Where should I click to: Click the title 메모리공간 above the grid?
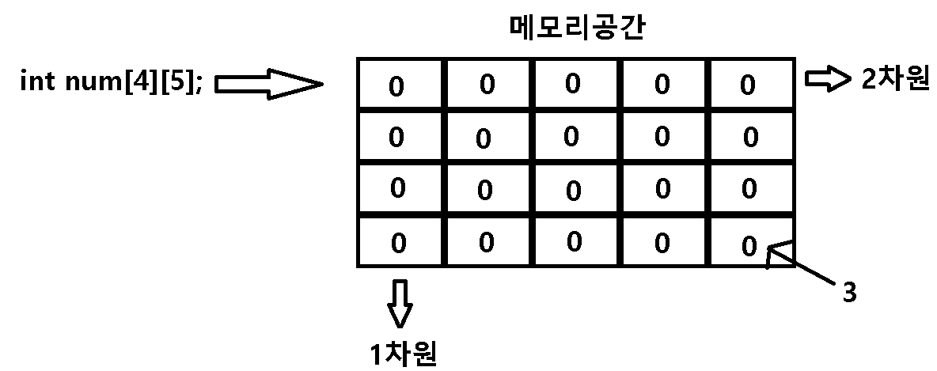[x=578, y=30]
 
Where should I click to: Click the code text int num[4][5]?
[x=111, y=81]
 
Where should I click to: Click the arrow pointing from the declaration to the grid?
[x=268, y=83]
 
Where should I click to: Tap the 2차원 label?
[x=896, y=80]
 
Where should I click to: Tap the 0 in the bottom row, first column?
[x=398, y=243]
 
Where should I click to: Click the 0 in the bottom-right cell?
[x=749, y=247]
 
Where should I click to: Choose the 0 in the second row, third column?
[x=571, y=136]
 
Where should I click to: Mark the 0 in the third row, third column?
[x=574, y=191]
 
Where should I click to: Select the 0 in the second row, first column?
[x=396, y=138]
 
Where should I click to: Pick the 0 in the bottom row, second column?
[x=485, y=242]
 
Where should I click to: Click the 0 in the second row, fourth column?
[x=662, y=136]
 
